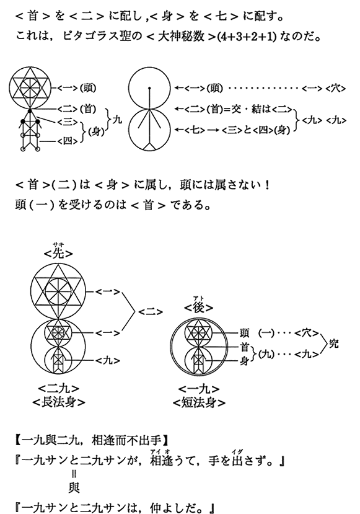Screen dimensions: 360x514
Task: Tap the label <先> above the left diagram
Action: pyautogui.click(x=58, y=254)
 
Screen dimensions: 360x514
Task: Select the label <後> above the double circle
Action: pyautogui.click(x=199, y=308)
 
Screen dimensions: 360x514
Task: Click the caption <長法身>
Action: pyautogui.click(x=59, y=402)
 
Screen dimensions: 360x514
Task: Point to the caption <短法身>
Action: pyautogui.click(x=199, y=402)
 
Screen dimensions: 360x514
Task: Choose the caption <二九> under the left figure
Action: pyautogui.click(x=59, y=389)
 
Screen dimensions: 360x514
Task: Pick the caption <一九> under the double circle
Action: pyautogui.click(x=199, y=389)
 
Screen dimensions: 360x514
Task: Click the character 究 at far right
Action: pyautogui.click(x=333, y=343)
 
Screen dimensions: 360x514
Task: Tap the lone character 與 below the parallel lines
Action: pyautogui.click(x=74, y=489)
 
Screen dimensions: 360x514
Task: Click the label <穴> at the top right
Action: pyautogui.click(x=336, y=88)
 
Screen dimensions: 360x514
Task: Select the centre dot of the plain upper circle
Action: pyautogui.click(x=149, y=88)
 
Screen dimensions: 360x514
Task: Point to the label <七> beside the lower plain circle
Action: pyautogui.click(x=195, y=130)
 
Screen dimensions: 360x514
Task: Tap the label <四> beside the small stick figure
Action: pyautogui.click(x=68, y=141)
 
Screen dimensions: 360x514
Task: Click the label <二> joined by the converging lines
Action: pyautogui.click(x=151, y=312)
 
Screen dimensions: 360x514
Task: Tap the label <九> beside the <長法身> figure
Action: pyautogui.click(x=108, y=361)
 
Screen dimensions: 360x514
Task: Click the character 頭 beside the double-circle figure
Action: pyautogui.click(x=244, y=333)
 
